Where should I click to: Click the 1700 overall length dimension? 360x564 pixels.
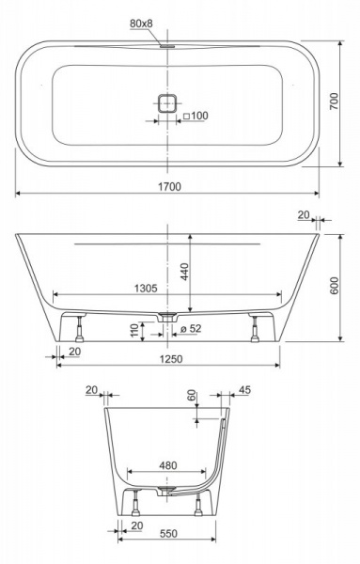pyautogui.click(x=169, y=187)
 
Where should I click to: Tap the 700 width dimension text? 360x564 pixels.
pyautogui.click(x=335, y=102)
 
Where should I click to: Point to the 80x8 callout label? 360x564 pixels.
pyautogui.click(x=141, y=23)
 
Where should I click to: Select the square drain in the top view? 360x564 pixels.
pyautogui.click(x=167, y=103)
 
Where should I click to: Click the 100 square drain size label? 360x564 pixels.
pyautogui.click(x=196, y=116)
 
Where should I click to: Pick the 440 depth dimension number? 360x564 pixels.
pyautogui.click(x=184, y=272)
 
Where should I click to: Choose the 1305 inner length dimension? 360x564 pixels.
pyautogui.click(x=146, y=289)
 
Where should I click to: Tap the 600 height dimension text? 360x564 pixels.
pyautogui.click(x=335, y=286)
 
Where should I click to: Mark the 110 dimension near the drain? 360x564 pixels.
pyautogui.click(x=134, y=330)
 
